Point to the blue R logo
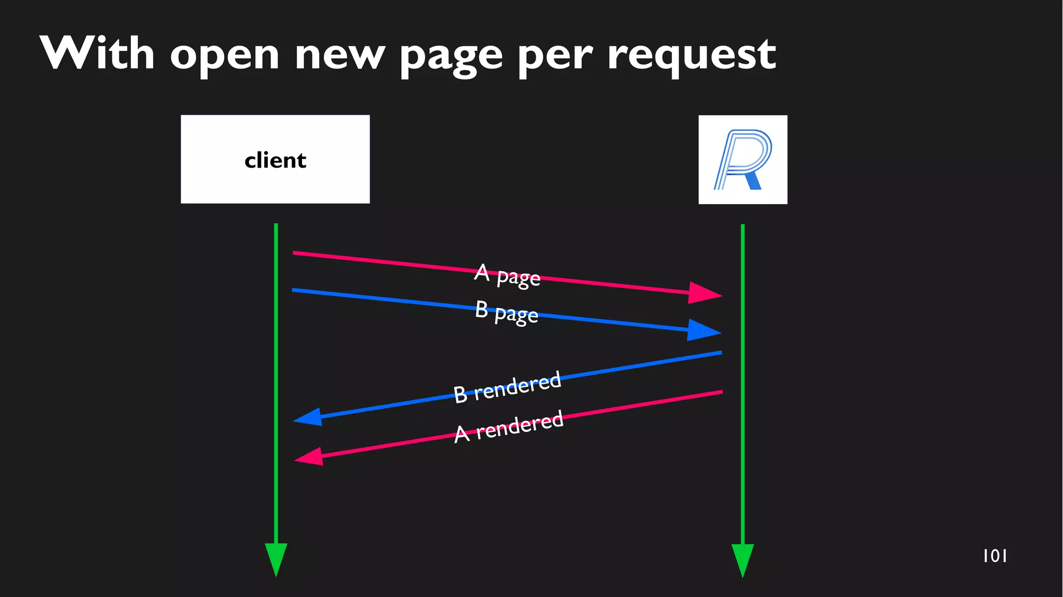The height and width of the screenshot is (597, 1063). coord(743,159)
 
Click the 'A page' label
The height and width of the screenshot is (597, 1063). coord(507,275)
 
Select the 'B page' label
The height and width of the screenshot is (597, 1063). coord(507,313)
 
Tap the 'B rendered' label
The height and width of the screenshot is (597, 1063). coord(507,387)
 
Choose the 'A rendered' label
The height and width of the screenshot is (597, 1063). coord(509,426)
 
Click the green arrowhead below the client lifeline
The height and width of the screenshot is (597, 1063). coord(276,558)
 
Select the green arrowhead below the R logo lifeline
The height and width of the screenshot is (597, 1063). coord(743,559)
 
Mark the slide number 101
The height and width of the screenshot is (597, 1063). coord(994,556)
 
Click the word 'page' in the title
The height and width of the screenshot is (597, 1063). coord(451,56)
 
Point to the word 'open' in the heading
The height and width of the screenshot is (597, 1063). coord(225,56)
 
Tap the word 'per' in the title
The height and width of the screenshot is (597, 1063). coord(555,56)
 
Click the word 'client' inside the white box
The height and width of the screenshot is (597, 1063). coord(275,160)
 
